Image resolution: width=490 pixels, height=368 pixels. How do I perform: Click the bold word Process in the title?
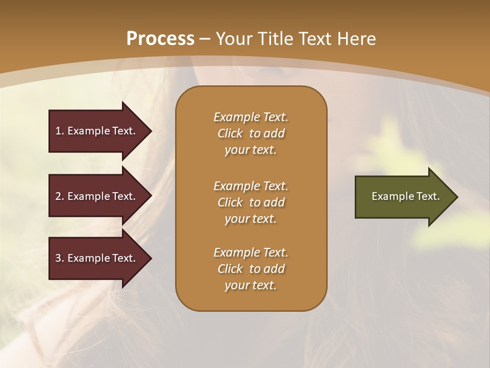pyautogui.click(x=160, y=39)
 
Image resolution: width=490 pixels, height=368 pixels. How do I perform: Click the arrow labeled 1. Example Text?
pyautogui.click(x=97, y=131)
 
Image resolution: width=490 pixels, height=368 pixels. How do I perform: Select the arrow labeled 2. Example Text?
pyautogui.click(x=97, y=196)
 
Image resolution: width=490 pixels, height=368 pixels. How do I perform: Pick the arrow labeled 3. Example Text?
pyautogui.click(x=97, y=258)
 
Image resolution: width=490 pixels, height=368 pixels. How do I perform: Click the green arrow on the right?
pyautogui.click(x=403, y=197)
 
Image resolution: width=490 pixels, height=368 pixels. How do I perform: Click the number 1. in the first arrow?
pyautogui.click(x=60, y=131)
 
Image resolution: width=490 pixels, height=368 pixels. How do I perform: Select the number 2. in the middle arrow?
pyautogui.click(x=60, y=196)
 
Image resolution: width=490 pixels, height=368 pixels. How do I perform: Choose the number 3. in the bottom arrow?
pyautogui.click(x=60, y=258)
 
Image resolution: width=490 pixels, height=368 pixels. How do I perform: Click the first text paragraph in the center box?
pyautogui.click(x=251, y=133)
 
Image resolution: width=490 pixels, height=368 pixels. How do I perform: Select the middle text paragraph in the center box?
pyautogui.click(x=251, y=202)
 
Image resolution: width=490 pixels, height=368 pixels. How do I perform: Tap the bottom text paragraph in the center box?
pyautogui.click(x=251, y=269)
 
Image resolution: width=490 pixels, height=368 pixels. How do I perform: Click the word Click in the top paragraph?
pyautogui.click(x=230, y=133)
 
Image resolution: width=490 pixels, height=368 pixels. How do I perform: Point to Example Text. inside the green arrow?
pyautogui.click(x=405, y=196)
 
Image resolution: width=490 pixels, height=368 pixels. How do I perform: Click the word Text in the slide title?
pyautogui.click(x=315, y=39)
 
